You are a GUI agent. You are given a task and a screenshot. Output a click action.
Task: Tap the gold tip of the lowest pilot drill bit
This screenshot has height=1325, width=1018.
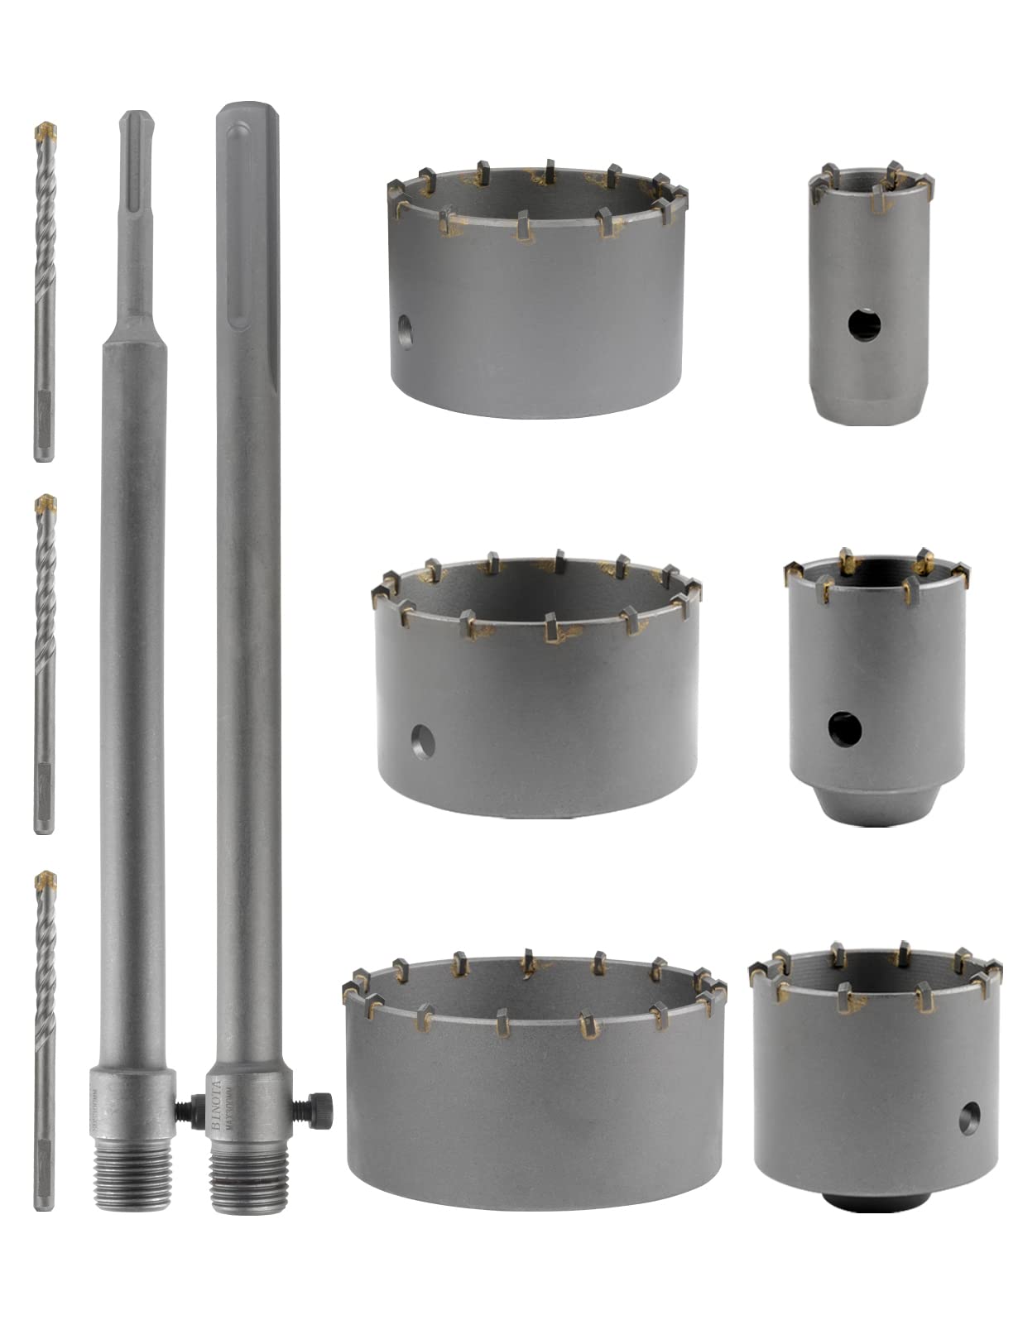coord(47,879)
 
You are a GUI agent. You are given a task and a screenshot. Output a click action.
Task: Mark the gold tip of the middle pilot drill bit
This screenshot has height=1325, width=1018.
coord(46,504)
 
